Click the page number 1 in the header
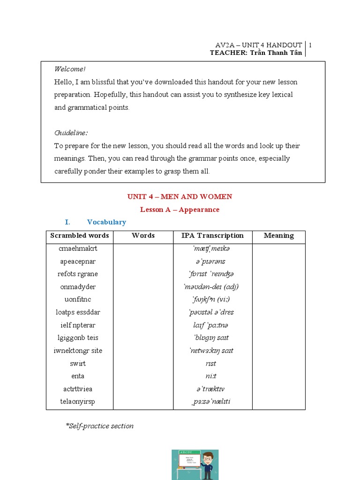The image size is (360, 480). (x=310, y=45)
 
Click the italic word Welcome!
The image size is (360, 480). (x=70, y=69)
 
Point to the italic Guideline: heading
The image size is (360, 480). (x=71, y=133)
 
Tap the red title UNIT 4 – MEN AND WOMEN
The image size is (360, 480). (x=180, y=197)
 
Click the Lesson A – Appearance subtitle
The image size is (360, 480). (x=180, y=210)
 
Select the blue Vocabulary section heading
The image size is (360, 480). (x=106, y=222)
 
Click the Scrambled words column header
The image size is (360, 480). (x=79, y=236)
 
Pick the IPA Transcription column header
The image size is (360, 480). (x=212, y=236)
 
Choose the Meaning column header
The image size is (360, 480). (x=278, y=236)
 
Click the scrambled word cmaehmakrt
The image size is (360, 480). (x=78, y=248)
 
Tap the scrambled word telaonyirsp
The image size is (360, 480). (x=79, y=401)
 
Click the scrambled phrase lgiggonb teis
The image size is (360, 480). (x=78, y=337)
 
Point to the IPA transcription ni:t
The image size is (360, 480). (x=211, y=376)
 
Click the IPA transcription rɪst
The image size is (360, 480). (x=211, y=363)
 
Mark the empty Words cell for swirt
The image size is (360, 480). (x=143, y=363)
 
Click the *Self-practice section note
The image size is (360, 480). (x=99, y=426)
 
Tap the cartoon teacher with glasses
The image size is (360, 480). (x=208, y=464)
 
